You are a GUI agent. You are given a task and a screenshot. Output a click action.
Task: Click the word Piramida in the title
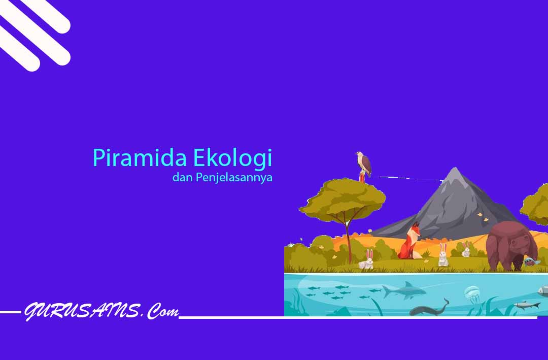click(140, 158)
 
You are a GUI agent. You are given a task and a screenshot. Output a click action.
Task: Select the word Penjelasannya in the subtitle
click(234, 178)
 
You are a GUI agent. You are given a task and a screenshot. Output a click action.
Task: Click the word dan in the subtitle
click(183, 177)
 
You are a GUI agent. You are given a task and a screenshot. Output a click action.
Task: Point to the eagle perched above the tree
click(363, 165)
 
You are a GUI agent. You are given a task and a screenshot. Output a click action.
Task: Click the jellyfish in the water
click(472, 293)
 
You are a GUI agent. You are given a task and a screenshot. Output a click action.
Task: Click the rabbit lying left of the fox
click(367, 259)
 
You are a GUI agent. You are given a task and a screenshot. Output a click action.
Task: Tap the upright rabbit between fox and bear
click(443, 255)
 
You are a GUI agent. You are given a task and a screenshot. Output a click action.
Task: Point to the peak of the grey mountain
click(455, 168)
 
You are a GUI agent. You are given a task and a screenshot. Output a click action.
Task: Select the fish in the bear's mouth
click(531, 261)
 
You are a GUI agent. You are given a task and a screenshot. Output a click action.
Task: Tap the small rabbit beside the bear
click(466, 250)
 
